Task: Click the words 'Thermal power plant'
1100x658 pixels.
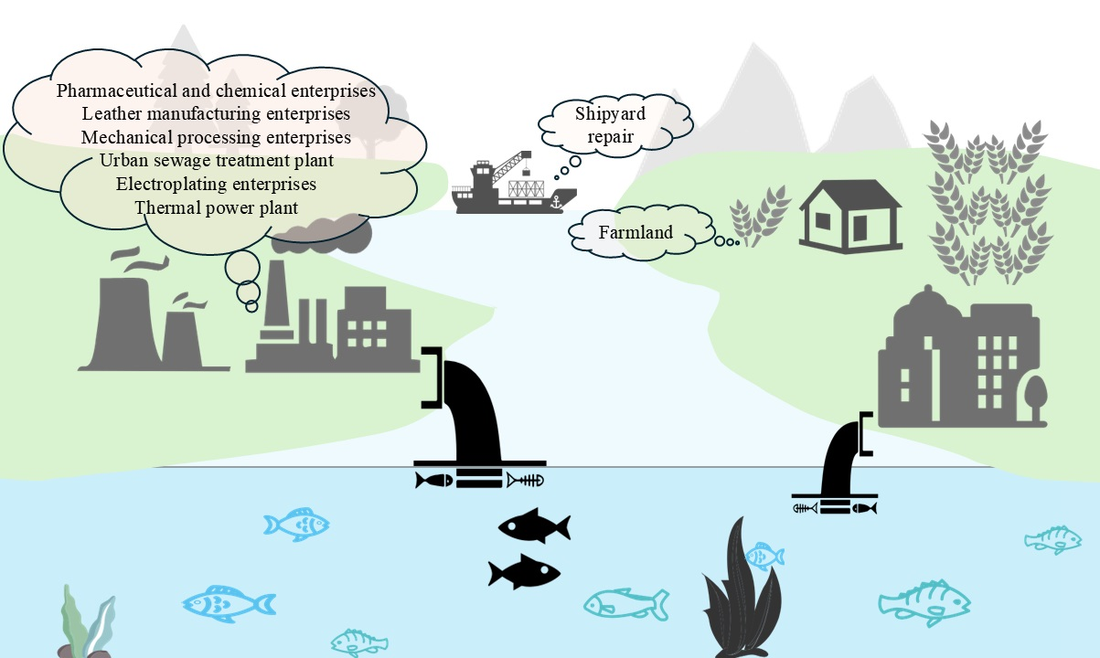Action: coord(217,207)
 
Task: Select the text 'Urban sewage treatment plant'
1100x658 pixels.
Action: coord(217,161)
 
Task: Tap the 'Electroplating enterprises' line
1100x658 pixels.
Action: coord(217,184)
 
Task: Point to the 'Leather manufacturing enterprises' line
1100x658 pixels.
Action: coord(217,114)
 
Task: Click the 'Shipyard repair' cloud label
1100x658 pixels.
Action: coord(611,126)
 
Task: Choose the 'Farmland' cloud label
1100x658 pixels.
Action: coord(635,232)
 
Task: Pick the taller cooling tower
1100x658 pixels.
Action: coord(124,320)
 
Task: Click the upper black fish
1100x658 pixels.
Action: coord(533,526)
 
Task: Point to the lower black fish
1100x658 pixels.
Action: coord(523,571)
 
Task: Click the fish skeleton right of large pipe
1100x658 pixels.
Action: coord(526,480)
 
